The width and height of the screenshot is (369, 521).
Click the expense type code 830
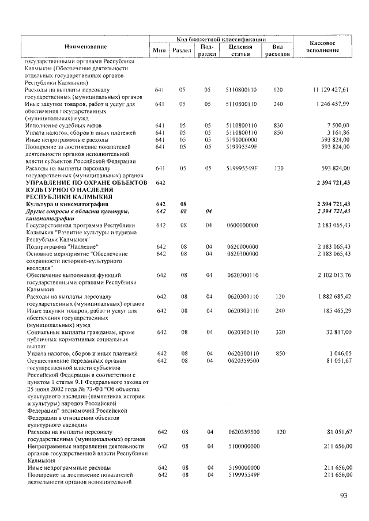click(278, 125)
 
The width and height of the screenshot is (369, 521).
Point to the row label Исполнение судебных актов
click(61, 125)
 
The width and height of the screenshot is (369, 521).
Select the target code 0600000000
click(243, 225)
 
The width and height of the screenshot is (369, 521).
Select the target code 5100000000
click(243, 446)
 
